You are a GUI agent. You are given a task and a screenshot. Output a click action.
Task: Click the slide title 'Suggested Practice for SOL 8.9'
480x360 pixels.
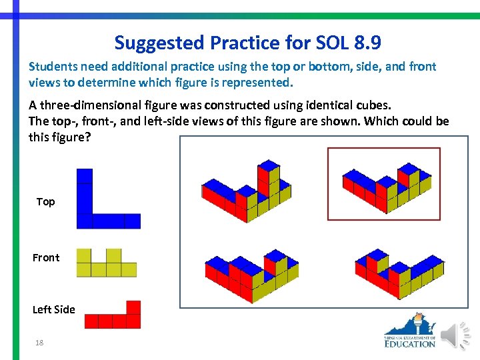coord(247,43)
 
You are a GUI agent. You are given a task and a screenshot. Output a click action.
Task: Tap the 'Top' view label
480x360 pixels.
coord(46,201)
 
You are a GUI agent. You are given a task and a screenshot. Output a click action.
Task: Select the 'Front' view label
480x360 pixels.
coord(46,257)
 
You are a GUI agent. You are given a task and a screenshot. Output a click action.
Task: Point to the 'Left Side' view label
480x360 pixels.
coord(53,309)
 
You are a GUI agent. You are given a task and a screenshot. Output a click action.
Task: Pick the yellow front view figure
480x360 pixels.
coord(106,264)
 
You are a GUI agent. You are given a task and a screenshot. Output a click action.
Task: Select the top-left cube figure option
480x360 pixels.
coord(247,190)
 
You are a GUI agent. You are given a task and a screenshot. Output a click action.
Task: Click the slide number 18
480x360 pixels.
coord(39,342)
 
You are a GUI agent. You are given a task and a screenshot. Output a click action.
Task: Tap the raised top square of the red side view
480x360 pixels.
coord(133,307)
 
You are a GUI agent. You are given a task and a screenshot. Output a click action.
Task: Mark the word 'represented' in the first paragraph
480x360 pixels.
coord(257,83)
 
